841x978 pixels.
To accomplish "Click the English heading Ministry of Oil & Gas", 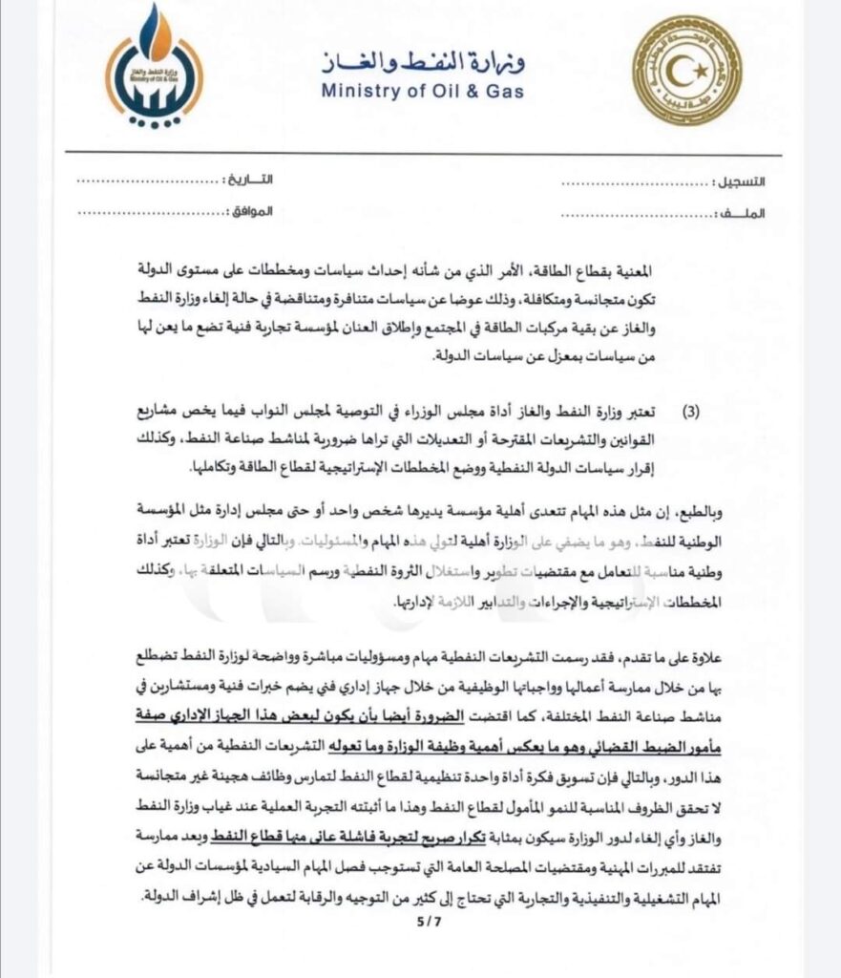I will (x=423, y=93).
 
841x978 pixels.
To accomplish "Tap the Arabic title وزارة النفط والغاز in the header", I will (x=422, y=64).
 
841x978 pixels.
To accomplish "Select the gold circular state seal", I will (x=686, y=70).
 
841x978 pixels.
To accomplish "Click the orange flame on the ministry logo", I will (x=155, y=33).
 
